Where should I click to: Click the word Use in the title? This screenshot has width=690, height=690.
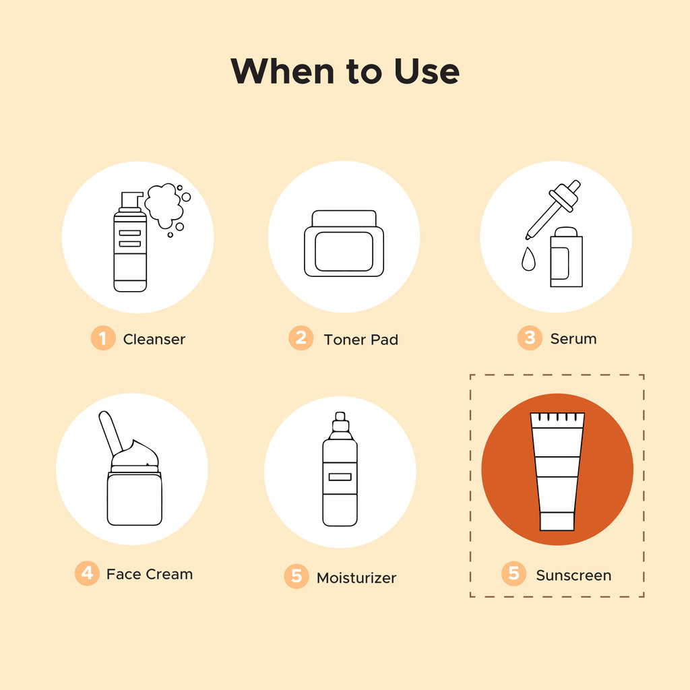[427, 71]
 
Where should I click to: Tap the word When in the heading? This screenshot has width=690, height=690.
[282, 71]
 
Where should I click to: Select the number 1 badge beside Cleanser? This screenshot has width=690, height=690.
[103, 338]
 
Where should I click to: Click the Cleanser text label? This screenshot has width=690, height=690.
[154, 340]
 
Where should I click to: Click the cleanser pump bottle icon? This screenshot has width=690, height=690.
[130, 242]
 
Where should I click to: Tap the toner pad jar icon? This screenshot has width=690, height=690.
[344, 243]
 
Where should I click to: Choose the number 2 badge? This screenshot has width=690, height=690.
[301, 338]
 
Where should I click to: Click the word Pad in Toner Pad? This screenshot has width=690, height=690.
[384, 340]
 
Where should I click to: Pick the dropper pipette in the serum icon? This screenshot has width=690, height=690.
[553, 210]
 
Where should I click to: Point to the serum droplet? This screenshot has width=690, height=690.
[528, 259]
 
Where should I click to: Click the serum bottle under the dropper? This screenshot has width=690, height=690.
[566, 257]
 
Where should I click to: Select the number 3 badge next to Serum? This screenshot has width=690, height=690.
[530, 338]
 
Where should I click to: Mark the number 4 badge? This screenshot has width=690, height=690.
[87, 573]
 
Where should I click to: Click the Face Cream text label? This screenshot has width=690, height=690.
[150, 574]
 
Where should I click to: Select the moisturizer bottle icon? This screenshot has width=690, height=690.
[340, 469]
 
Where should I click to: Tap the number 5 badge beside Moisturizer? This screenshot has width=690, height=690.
[296, 576]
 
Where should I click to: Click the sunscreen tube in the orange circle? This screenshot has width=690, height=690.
[557, 471]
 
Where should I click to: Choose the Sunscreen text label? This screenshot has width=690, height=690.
[574, 575]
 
